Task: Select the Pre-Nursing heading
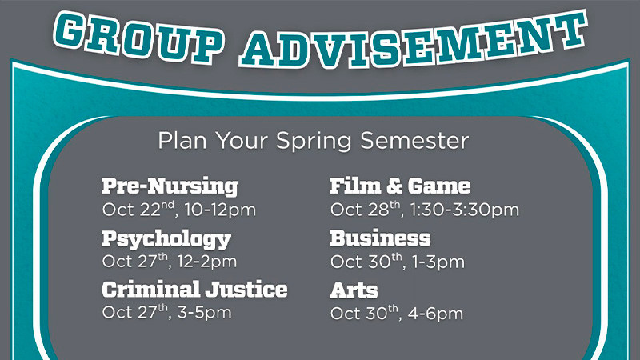(x=170, y=186)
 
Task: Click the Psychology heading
(x=166, y=238)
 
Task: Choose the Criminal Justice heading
(x=194, y=289)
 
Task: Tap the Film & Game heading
(x=400, y=186)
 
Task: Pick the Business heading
(x=380, y=238)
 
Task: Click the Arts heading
(x=354, y=289)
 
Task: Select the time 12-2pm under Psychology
(x=206, y=262)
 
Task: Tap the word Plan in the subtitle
(x=177, y=141)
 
